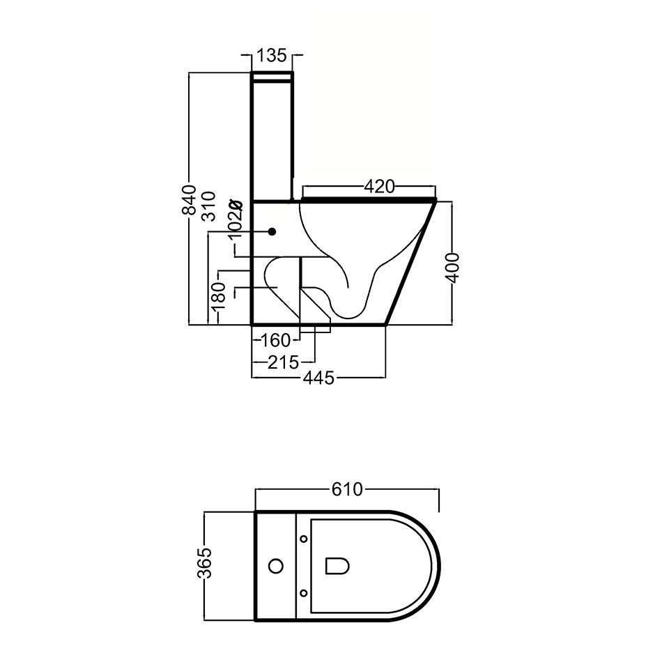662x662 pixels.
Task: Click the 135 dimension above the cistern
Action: click(x=272, y=55)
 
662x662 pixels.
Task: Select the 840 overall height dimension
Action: click(x=190, y=200)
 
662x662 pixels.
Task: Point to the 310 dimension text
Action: click(x=209, y=206)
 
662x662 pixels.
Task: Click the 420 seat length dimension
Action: click(x=379, y=187)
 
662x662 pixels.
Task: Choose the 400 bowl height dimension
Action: click(x=452, y=268)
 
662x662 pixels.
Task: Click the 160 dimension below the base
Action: click(x=276, y=340)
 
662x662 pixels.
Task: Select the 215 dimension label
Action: click(x=284, y=362)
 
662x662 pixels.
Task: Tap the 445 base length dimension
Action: click(x=318, y=378)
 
